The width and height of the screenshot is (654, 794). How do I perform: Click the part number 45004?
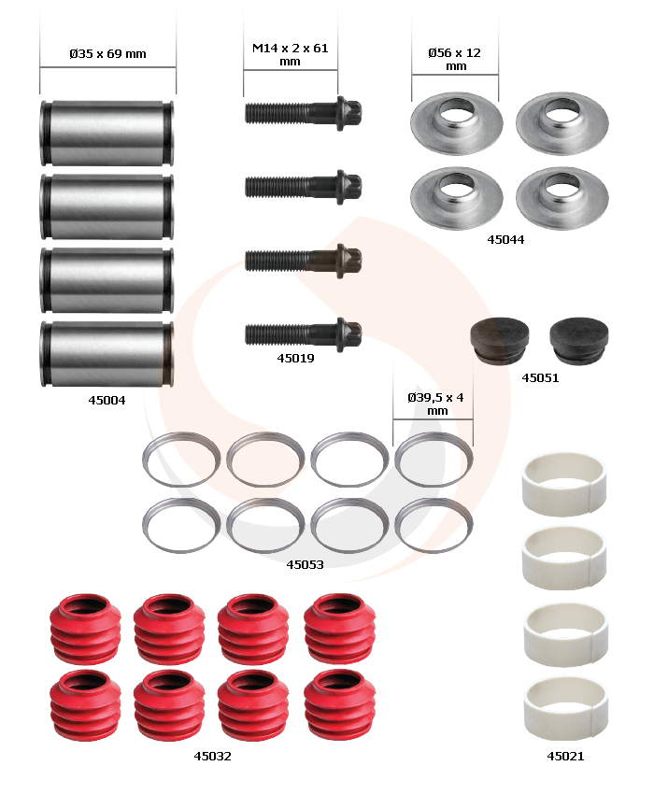point(107,400)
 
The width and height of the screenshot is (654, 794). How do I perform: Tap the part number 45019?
point(295,358)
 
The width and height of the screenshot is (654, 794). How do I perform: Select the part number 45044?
point(505,239)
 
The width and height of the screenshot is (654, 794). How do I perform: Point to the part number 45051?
point(540,377)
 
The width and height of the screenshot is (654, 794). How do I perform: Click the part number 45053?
point(305,564)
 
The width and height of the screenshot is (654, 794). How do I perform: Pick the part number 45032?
point(213,756)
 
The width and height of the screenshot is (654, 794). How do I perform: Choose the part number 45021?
point(565,756)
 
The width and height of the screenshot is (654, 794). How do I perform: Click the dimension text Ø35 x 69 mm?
point(107,53)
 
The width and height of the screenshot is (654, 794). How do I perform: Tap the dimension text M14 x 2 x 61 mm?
point(291,55)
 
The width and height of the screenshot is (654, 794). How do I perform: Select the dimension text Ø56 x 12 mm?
point(454,59)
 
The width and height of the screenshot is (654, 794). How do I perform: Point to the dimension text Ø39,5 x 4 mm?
point(435,404)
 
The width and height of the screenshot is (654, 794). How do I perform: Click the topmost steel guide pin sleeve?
point(107,133)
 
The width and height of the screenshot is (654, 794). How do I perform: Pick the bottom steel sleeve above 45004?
point(107,354)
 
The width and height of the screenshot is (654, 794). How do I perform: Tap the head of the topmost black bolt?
point(348,113)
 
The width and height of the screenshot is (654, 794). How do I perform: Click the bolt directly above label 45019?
point(303,334)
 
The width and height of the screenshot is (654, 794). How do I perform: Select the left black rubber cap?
point(500,340)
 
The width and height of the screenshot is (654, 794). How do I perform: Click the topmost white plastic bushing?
point(564,485)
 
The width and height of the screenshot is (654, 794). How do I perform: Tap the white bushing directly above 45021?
point(565,709)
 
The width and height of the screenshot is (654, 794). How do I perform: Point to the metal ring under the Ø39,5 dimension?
point(434,435)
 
